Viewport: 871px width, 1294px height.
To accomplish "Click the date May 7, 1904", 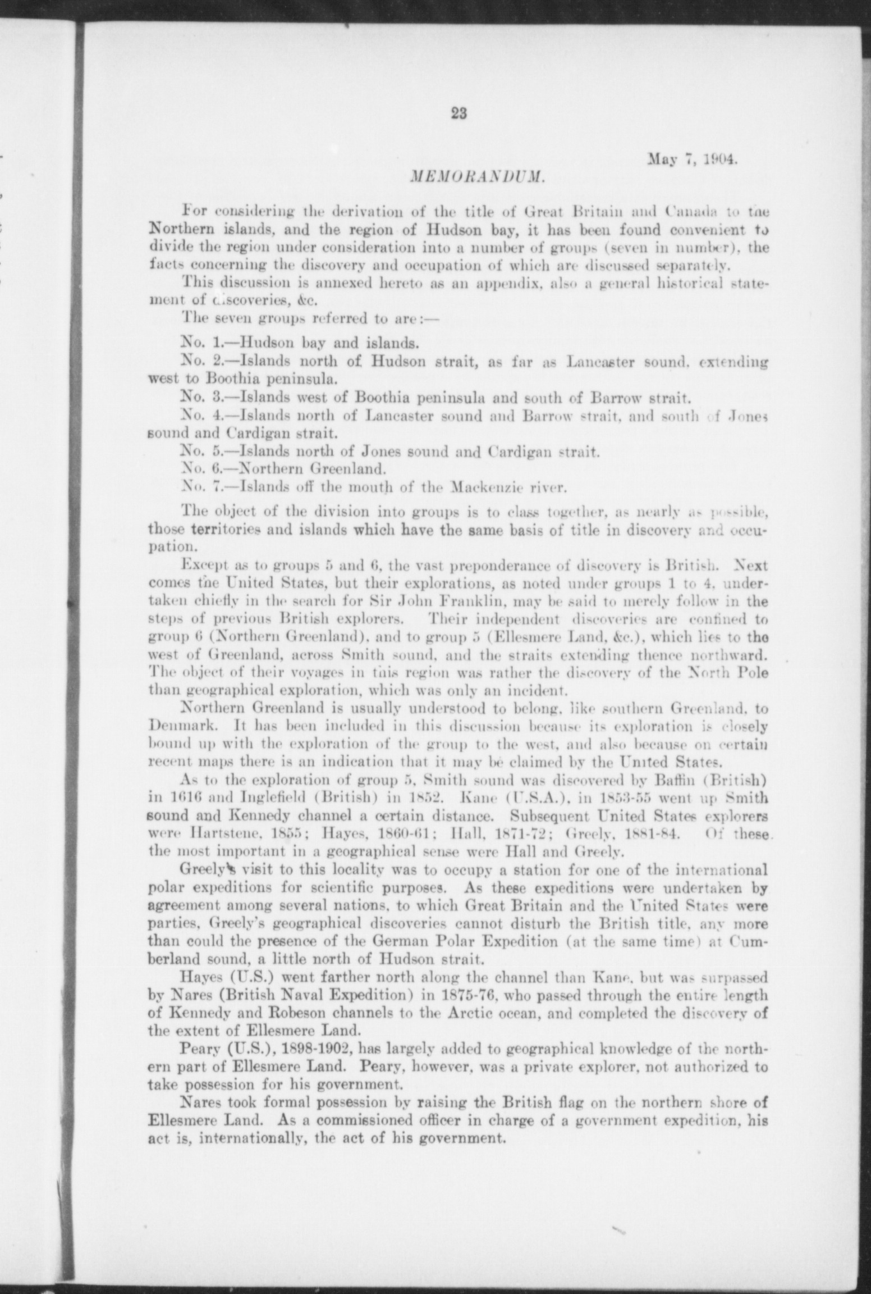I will pyautogui.click(x=692, y=160).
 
